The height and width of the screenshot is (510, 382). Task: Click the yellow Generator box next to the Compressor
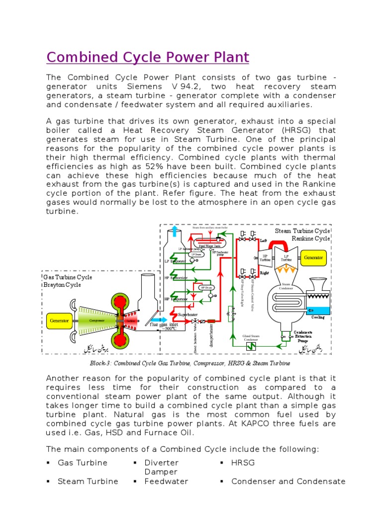tap(59, 321)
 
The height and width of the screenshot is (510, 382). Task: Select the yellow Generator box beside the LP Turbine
tap(314, 258)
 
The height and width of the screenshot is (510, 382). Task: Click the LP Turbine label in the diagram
tap(286, 258)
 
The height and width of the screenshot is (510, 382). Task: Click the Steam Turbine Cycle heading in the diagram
tap(302, 231)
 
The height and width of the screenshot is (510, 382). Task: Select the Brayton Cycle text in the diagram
tap(62, 285)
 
